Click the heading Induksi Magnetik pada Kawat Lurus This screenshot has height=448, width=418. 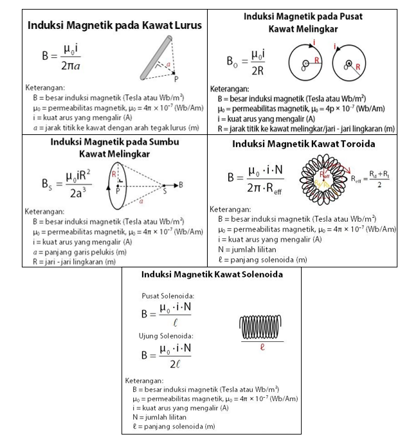pyautogui.click(x=114, y=26)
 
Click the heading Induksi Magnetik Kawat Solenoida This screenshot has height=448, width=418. pyautogui.click(x=212, y=274)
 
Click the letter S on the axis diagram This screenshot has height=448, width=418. pyautogui.click(x=164, y=190)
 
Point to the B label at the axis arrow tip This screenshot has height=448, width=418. pyautogui.click(x=181, y=184)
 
